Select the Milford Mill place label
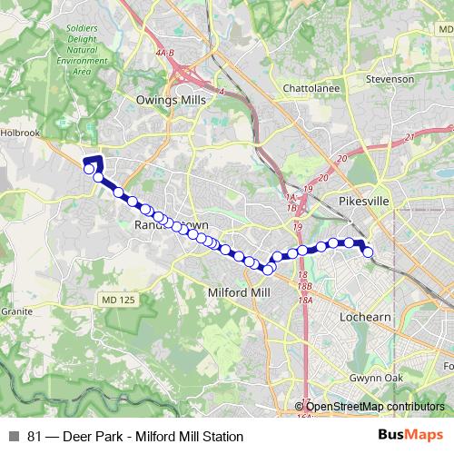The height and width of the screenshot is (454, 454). coord(239,292)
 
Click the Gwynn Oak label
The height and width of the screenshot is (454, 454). coord(374,376)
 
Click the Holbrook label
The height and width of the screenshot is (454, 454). coord(23,132)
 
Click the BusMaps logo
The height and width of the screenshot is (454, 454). coord(410,436)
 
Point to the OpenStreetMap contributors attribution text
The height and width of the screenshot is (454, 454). coord(374,407)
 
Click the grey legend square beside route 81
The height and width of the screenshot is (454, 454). coord(14,437)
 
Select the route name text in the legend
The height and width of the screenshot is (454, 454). coord(135,437)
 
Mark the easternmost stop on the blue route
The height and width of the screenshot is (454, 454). coord(369,252)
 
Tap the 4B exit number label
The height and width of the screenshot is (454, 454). coord(164,54)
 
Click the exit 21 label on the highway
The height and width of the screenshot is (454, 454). coord(410,136)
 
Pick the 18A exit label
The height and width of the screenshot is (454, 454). coord(305,300)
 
